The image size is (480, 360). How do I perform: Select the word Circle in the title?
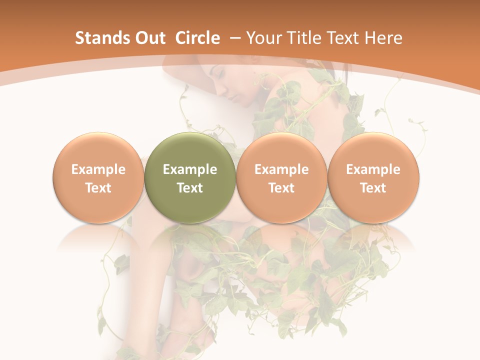(x=197, y=38)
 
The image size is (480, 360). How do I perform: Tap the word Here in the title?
(x=382, y=38)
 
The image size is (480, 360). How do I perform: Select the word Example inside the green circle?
(x=190, y=169)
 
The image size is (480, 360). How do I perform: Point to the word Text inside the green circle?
(x=190, y=188)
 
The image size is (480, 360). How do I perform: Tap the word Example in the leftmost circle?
(x=98, y=169)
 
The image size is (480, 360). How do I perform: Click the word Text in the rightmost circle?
(x=373, y=188)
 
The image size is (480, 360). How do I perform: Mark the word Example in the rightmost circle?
(x=373, y=169)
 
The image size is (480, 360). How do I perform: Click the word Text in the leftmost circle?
(x=98, y=188)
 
